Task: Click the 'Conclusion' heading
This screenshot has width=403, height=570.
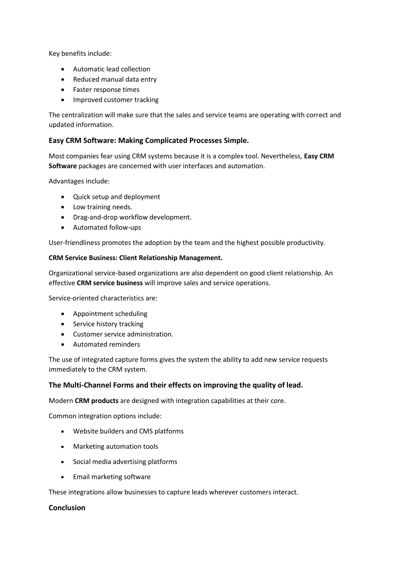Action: [67, 508]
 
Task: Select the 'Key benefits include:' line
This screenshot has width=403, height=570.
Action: [80, 54]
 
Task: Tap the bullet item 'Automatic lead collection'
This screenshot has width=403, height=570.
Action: [111, 69]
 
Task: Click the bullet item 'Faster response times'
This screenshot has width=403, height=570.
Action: [106, 90]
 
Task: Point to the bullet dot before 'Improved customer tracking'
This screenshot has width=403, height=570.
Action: [63, 100]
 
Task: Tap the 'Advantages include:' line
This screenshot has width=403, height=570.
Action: [79, 182]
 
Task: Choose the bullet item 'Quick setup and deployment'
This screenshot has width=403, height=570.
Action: [116, 197]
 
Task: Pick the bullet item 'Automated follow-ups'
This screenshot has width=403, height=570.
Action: [107, 228]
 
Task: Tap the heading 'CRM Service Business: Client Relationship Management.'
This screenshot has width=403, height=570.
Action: [136, 258]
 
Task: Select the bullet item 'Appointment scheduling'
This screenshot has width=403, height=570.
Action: [110, 314]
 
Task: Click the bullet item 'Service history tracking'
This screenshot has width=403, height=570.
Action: [108, 324]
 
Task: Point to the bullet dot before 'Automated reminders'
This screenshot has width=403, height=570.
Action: [63, 345]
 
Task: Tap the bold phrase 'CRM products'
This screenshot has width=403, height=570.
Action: [97, 401]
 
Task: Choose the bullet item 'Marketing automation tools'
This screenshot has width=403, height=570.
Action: [115, 447]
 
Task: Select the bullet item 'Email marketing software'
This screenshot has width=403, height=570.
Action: [111, 477]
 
